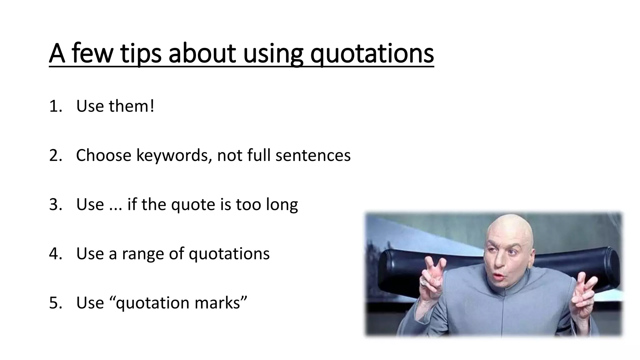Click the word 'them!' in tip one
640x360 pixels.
pyautogui.click(x=131, y=106)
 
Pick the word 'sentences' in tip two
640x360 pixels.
pyautogui.click(x=313, y=155)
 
